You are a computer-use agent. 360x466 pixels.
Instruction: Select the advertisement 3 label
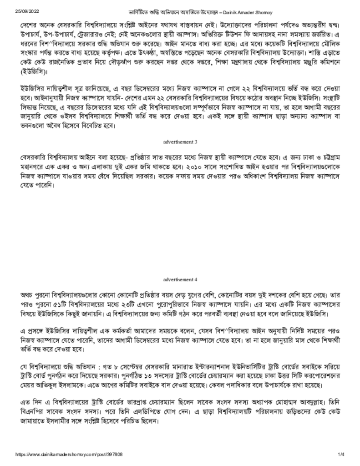[x=180, y=142]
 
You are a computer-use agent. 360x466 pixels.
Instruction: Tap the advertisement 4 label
[x=180, y=279]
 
